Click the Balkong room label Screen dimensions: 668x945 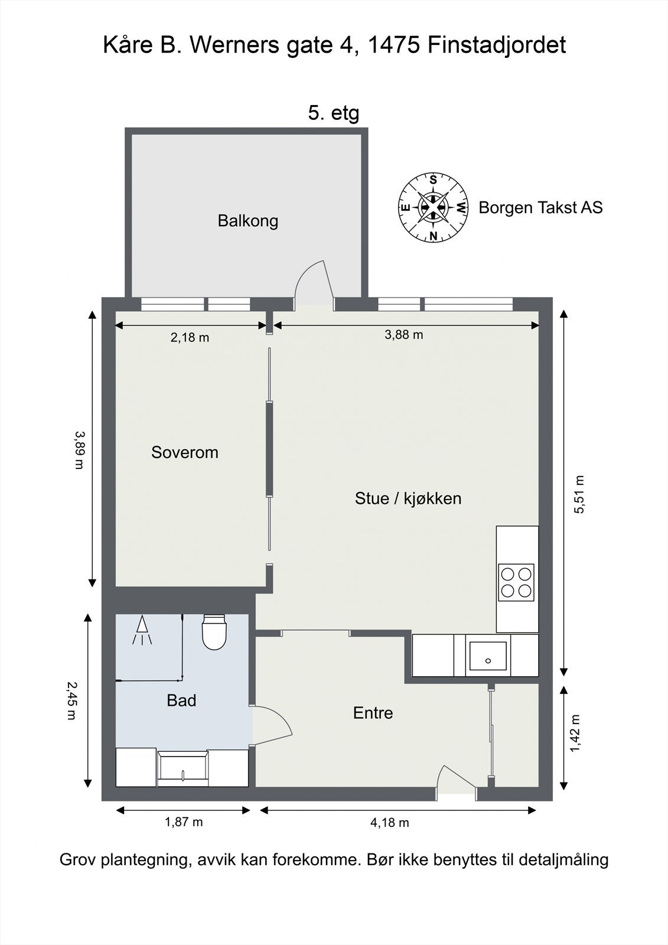pyautogui.click(x=247, y=221)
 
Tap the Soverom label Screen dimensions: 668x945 pyautogui.click(x=185, y=452)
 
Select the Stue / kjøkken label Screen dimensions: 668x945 pyautogui.click(x=408, y=498)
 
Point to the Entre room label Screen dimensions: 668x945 pyautogui.click(x=373, y=713)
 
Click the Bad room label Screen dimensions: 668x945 pyautogui.click(x=181, y=700)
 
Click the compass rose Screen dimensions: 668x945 pyautogui.click(x=433, y=207)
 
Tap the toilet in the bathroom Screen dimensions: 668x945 pyautogui.click(x=214, y=631)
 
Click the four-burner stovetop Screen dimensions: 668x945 pyautogui.click(x=516, y=582)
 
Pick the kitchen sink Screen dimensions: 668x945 pyautogui.click(x=488, y=656)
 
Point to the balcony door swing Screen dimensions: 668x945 pyautogui.click(x=314, y=282)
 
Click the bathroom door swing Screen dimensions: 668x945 pyautogui.click(x=272, y=726)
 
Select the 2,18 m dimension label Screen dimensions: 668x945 pyautogui.click(x=190, y=337)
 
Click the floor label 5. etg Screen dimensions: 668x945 pyautogui.click(x=334, y=113)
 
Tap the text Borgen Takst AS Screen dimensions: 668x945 pyautogui.click(x=540, y=207)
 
